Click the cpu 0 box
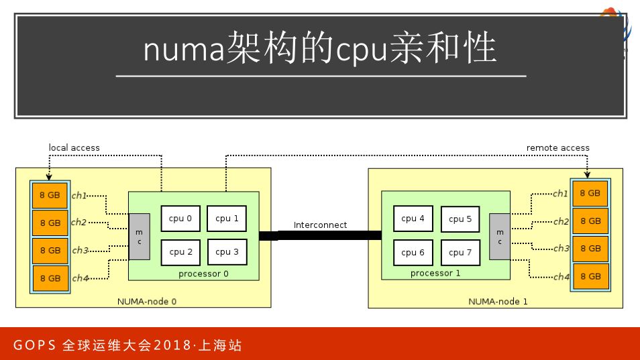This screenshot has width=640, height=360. point(180,219)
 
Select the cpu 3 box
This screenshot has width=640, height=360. point(227,252)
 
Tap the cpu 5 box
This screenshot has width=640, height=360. point(460,219)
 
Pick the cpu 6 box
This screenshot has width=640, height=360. point(413,253)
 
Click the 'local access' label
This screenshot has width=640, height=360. point(74,147)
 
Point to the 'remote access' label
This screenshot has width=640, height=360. point(557,147)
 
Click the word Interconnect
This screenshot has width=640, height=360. point(320,225)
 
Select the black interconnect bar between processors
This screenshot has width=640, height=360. point(320,235)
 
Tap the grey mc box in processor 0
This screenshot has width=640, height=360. point(139,237)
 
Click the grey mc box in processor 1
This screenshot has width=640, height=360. point(499,237)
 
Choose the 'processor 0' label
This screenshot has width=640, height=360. point(203,274)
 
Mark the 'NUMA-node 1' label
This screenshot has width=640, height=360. point(498,302)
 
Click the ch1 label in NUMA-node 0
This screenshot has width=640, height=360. point(79,196)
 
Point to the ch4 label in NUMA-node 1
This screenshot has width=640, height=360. point(561,276)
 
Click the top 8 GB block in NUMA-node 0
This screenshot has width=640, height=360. point(50,195)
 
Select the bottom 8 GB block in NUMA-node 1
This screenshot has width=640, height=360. point(590,276)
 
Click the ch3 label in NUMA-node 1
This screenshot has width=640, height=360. point(561,249)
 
